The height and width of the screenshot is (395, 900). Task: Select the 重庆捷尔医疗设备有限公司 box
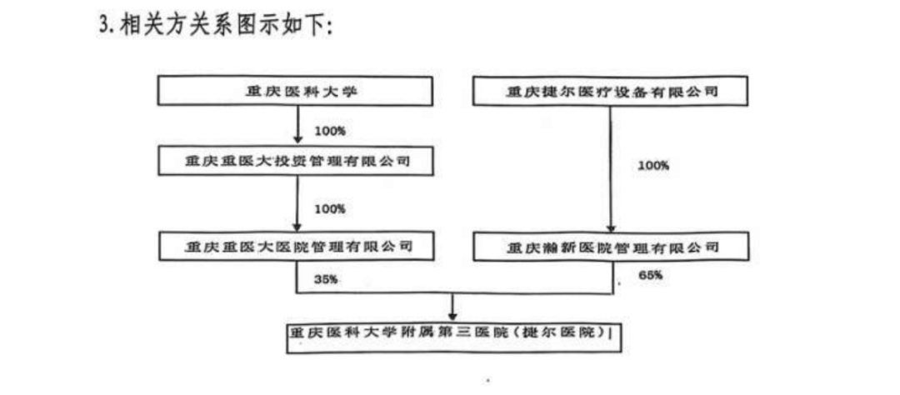coord(610,91)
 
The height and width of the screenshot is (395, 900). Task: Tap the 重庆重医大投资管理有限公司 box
coord(295,161)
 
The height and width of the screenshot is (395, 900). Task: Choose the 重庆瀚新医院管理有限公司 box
coord(612,247)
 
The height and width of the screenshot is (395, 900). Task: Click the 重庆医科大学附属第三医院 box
coord(454,337)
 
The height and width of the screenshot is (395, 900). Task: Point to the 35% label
coord(326,280)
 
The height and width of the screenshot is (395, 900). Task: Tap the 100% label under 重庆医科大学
coord(329,131)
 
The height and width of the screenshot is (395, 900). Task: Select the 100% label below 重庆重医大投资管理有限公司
coord(329,209)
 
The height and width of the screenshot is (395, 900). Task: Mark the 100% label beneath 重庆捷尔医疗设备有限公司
coord(653,166)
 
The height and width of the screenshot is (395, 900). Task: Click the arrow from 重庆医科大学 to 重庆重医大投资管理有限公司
coord(297,125)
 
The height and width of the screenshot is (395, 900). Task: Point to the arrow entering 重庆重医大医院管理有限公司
coord(297,202)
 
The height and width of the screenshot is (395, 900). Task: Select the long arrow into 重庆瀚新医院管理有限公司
coord(611,168)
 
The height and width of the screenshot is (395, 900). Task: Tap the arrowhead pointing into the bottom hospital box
coord(452,315)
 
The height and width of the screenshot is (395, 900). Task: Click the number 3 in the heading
coord(104,27)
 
